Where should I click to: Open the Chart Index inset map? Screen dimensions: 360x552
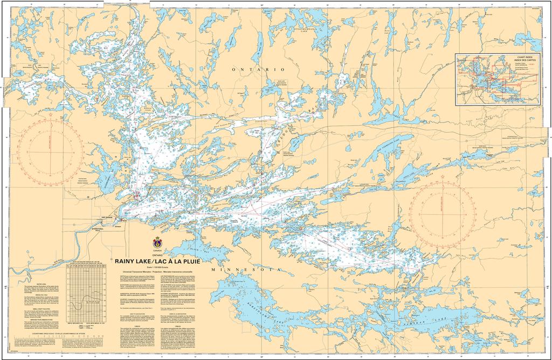pyautogui.click(x=498, y=79)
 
